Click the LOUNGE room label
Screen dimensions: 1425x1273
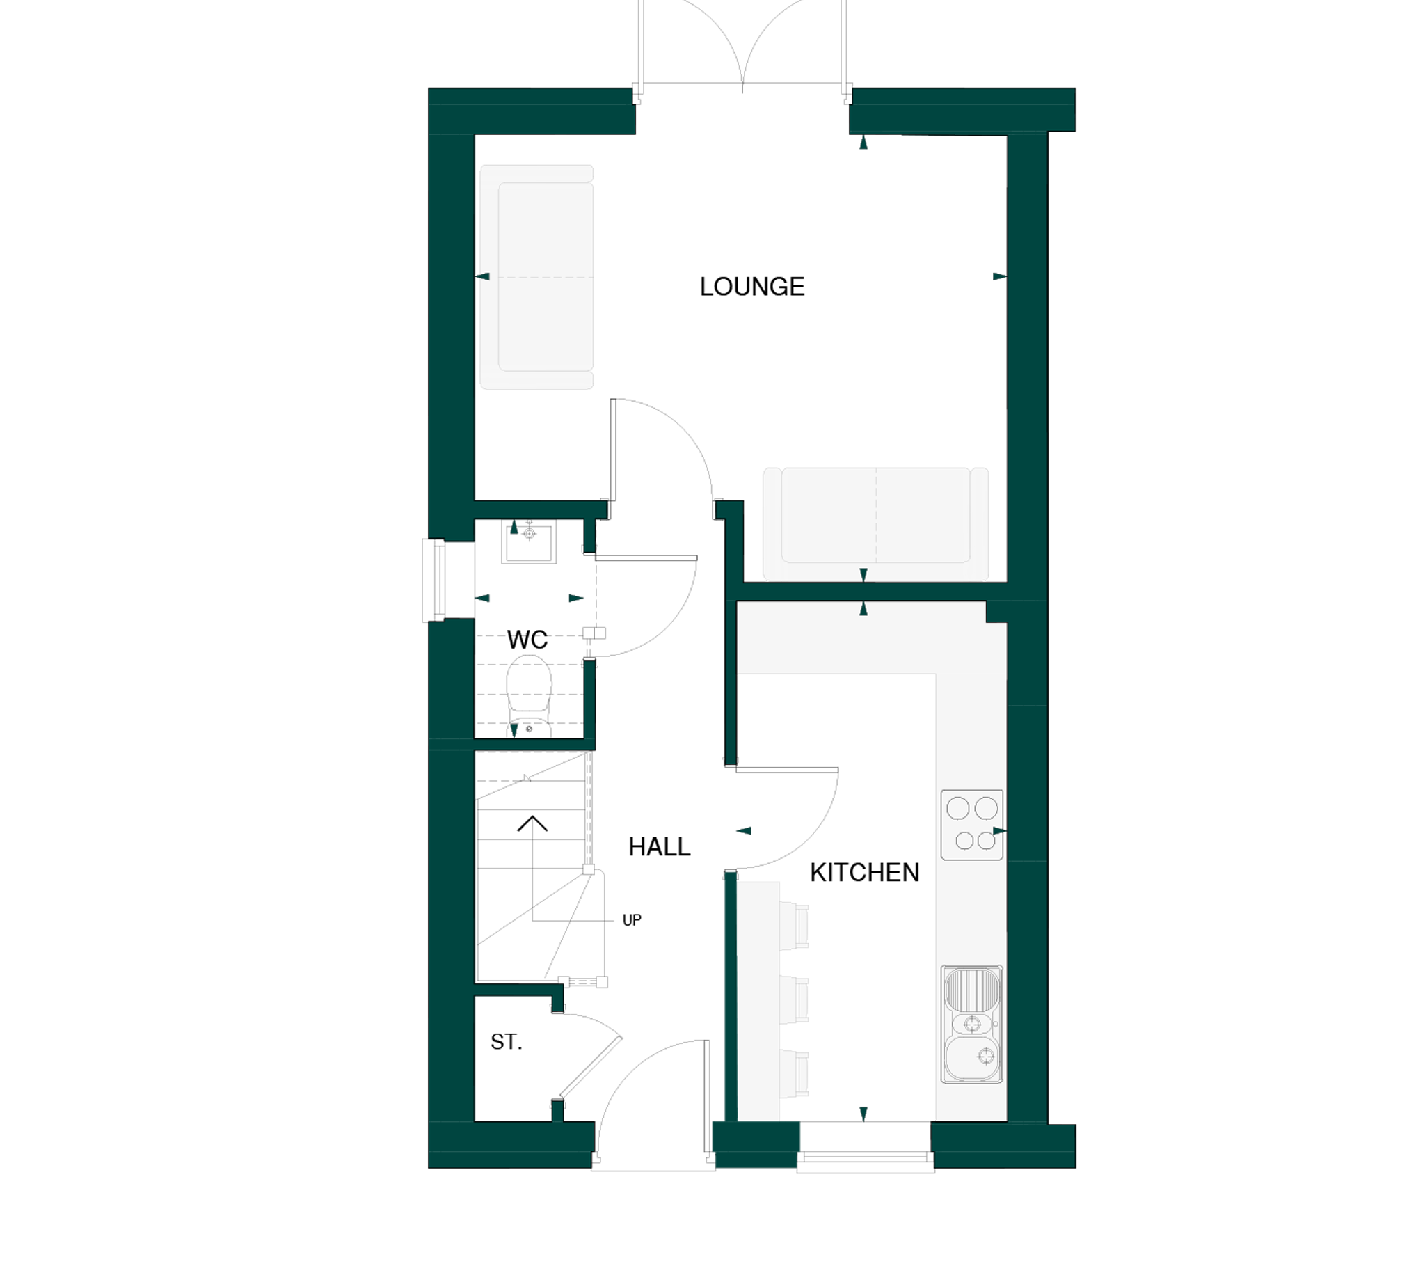pos(751,287)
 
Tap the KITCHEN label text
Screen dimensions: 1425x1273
pos(864,873)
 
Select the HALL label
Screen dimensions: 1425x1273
pos(659,847)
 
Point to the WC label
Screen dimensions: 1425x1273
pos(527,640)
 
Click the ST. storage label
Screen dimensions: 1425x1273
pos(507,1042)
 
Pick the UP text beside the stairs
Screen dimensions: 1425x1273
pos(631,921)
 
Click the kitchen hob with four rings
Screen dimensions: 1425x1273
pos(972,825)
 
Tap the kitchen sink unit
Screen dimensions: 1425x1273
pos(972,1025)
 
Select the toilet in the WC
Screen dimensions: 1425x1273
pos(529,696)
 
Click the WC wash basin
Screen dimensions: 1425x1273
pos(529,544)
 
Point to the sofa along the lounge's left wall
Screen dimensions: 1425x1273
pos(536,277)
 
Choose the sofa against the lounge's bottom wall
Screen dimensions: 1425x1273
pos(875,524)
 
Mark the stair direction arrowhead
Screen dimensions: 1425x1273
pos(532,823)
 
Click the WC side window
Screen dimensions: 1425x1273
pos(434,580)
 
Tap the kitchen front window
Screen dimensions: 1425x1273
pos(866,1162)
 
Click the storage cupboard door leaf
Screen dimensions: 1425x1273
pos(591,1067)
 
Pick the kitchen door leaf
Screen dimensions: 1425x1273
pos(787,770)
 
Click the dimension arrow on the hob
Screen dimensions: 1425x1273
pos(1000,831)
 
